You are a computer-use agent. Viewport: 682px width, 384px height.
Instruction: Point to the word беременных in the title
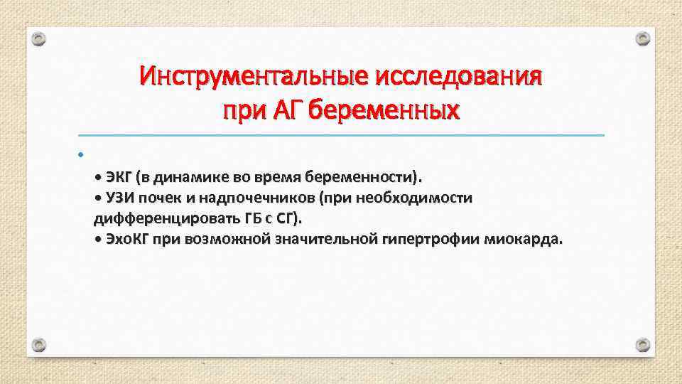(x=386, y=111)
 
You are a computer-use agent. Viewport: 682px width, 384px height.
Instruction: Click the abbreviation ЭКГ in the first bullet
(x=120, y=176)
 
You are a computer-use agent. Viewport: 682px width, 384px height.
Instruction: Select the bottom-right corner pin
(x=642, y=345)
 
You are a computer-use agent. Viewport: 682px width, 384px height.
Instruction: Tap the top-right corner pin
(x=642, y=38)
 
